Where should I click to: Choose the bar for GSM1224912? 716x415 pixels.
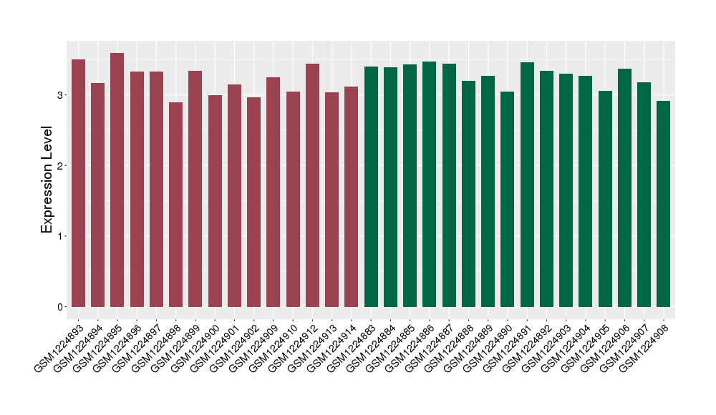[312, 185]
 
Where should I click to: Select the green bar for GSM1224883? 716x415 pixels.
[371, 187]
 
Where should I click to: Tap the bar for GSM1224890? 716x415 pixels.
[508, 200]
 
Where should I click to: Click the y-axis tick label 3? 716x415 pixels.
[61, 95]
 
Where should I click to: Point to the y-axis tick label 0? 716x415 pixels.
[61, 307]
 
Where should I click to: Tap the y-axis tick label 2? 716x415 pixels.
[61, 166]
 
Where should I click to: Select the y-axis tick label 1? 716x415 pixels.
[61, 236]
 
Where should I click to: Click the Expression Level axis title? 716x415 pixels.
[47, 180]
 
